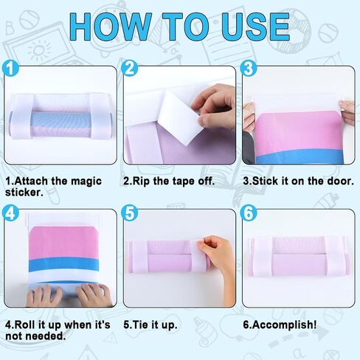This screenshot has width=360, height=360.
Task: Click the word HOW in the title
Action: point(111,27)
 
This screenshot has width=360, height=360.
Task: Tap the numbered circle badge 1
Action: point(10,68)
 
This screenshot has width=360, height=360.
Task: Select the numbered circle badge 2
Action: point(130,68)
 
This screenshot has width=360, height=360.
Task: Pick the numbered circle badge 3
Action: point(249,68)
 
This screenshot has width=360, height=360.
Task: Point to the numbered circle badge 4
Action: point(10,212)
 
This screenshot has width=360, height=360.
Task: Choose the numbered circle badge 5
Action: point(130,212)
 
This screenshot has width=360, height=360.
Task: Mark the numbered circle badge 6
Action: point(249,212)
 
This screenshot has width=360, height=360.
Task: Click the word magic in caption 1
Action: point(86,181)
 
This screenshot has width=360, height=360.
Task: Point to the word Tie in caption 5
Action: point(141,325)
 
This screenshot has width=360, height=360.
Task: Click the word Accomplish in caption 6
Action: point(284,325)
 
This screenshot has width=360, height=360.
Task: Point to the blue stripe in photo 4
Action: point(64,265)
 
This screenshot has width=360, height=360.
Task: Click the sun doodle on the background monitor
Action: point(39,50)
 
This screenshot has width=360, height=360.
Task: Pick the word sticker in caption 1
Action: point(23,193)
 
